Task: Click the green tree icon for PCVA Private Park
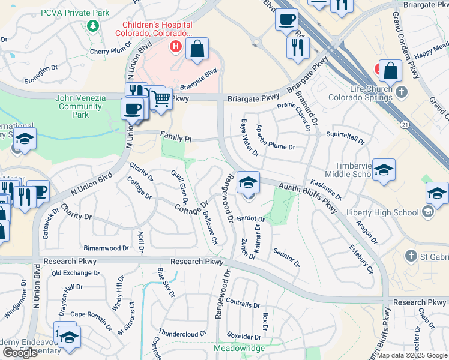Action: tap(92, 25)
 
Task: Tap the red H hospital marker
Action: tap(176, 46)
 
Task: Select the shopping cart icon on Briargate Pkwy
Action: tap(160, 98)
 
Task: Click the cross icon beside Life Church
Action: tap(402, 92)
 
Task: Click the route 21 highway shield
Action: tap(405, 124)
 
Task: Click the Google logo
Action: tap(20, 353)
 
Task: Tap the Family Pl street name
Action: tap(176, 138)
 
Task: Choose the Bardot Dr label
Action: tap(250, 219)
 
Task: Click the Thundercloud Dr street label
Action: tap(182, 332)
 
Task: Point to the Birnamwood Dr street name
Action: tap(106, 247)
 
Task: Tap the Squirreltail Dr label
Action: tap(345, 137)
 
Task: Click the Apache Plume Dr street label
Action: tap(276, 146)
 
